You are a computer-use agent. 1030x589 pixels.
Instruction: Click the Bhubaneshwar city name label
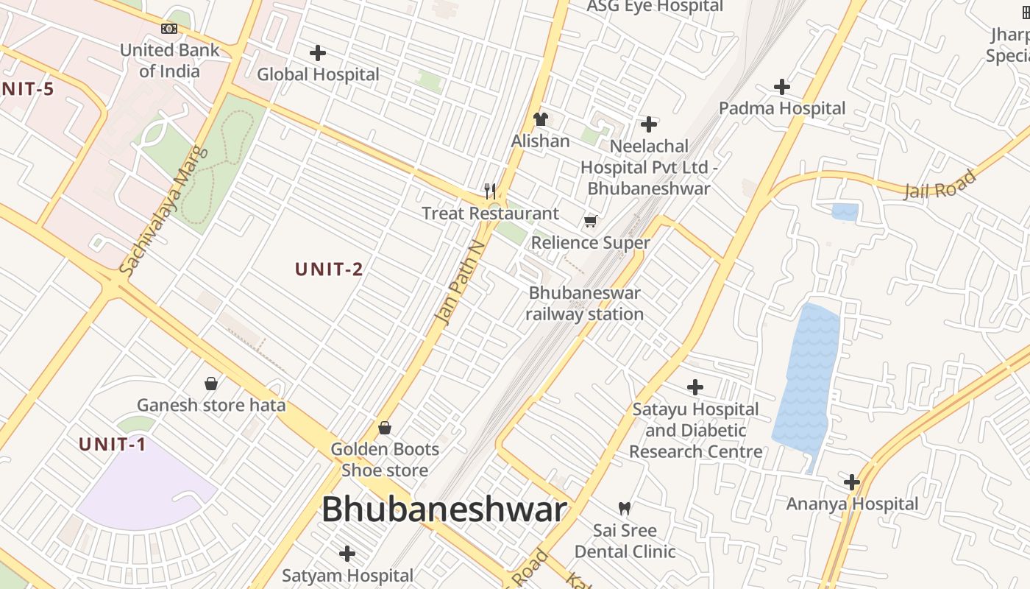point(444,509)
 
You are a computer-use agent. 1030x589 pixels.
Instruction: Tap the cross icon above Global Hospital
point(318,53)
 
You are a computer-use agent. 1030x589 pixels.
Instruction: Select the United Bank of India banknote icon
point(169,29)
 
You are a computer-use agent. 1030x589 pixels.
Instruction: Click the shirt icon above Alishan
point(541,119)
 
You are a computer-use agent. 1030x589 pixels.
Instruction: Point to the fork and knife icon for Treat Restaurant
point(490,191)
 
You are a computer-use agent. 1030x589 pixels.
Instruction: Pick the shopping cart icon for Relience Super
point(590,221)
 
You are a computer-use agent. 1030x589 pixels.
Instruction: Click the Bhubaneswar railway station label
point(585,303)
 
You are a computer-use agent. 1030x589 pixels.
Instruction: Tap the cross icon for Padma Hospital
point(782,87)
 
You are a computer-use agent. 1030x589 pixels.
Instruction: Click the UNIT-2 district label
point(329,269)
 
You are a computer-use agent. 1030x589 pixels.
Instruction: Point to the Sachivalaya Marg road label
point(163,213)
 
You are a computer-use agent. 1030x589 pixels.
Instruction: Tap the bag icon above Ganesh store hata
point(211,384)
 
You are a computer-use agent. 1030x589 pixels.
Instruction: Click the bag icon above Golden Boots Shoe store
point(385,428)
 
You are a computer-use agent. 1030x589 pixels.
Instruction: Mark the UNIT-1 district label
point(113,444)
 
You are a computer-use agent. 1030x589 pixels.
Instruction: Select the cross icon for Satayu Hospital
point(695,387)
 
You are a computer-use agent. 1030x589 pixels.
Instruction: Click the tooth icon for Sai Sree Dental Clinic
point(625,508)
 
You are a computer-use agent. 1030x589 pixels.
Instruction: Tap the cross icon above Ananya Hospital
point(852,482)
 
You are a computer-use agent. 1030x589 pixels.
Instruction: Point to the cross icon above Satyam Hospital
point(347,554)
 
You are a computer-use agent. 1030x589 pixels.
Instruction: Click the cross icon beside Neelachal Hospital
point(649,124)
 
